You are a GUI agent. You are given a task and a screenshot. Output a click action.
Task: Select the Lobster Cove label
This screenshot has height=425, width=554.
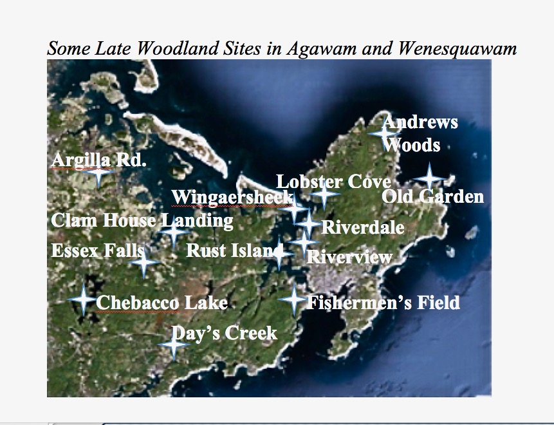333,182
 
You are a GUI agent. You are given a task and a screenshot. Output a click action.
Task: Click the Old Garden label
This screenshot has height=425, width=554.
432,197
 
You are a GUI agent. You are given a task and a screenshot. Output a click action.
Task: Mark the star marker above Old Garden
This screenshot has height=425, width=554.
429,178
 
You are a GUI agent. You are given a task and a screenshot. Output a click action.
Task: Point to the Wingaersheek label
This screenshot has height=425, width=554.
232,197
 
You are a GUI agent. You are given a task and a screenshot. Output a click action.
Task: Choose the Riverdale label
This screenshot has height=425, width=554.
362,227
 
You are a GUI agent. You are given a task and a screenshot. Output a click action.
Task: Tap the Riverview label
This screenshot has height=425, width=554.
349,258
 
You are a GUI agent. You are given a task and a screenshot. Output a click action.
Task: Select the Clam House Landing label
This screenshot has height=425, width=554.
142,221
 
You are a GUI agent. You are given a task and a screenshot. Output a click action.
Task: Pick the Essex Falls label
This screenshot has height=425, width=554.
97,250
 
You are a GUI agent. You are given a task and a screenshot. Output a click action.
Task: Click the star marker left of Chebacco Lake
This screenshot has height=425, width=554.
82,299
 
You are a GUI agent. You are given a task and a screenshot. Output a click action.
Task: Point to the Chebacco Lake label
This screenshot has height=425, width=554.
162,303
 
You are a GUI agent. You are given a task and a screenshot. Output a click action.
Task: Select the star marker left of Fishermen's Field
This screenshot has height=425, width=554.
293,299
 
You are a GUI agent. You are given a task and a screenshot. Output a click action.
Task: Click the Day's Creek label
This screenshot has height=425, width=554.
225,333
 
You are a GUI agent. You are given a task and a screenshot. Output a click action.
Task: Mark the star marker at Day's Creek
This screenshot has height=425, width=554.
172,345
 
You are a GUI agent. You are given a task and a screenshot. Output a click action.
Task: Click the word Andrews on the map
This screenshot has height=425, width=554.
421,122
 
